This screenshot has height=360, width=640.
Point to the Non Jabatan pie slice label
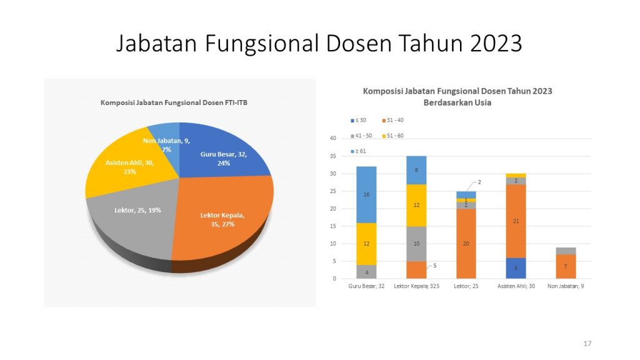click(166, 145)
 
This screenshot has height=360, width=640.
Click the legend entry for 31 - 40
click(392, 120)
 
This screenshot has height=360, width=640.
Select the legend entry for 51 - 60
click(392, 136)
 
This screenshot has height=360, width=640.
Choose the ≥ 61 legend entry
click(358, 151)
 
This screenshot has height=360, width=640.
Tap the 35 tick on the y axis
click(333, 156)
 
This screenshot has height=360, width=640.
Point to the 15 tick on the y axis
click(333, 226)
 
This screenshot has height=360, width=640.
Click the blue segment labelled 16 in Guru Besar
click(366, 195)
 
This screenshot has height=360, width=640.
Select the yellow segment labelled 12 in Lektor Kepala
click(416, 205)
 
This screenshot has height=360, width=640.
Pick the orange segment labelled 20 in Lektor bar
click(466, 244)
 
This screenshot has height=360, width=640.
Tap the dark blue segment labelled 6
click(516, 268)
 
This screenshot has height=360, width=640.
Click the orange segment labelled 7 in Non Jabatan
click(566, 266)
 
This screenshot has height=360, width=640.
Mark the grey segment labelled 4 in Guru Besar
click(366, 272)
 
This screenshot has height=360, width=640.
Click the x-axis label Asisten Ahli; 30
click(516, 286)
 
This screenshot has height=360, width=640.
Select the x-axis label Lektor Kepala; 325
click(416, 286)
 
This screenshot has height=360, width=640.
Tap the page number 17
click(587, 344)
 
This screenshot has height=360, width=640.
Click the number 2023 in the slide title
click(496, 43)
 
